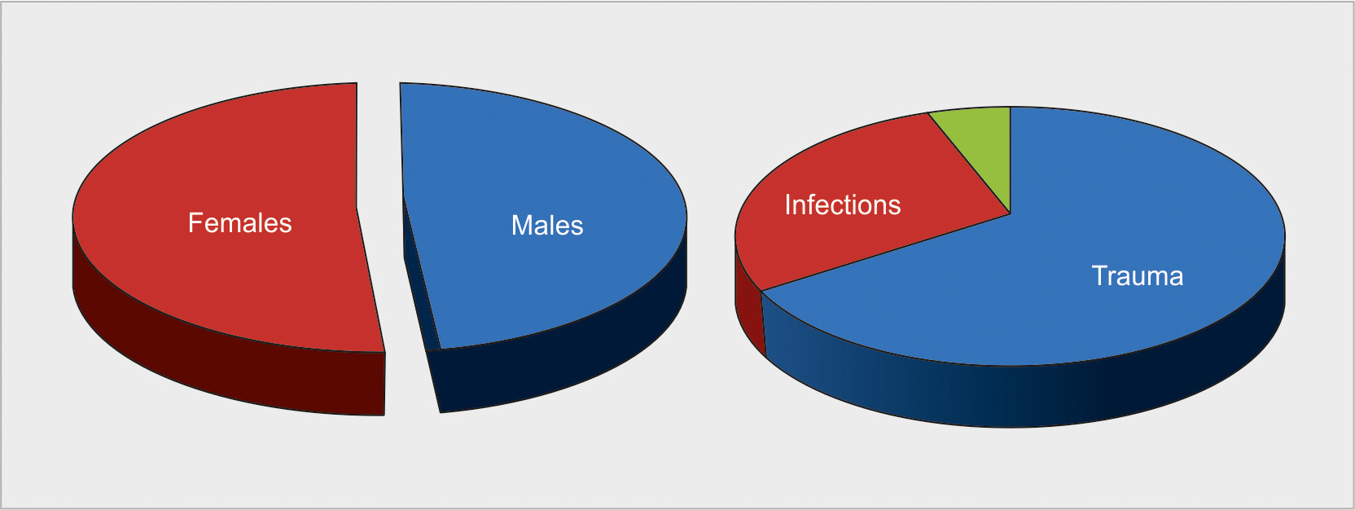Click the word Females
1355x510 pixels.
[x=239, y=223]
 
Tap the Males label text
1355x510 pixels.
[x=547, y=226]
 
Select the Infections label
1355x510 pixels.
[x=843, y=205]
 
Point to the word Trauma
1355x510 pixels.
[x=1138, y=276]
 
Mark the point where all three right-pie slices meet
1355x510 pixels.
[x=1011, y=213]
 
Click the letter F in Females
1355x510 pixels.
[x=195, y=222]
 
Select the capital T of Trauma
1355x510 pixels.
[x=1098, y=276]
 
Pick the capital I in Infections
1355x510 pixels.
[x=787, y=205]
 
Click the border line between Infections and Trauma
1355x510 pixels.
[x=886, y=253]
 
